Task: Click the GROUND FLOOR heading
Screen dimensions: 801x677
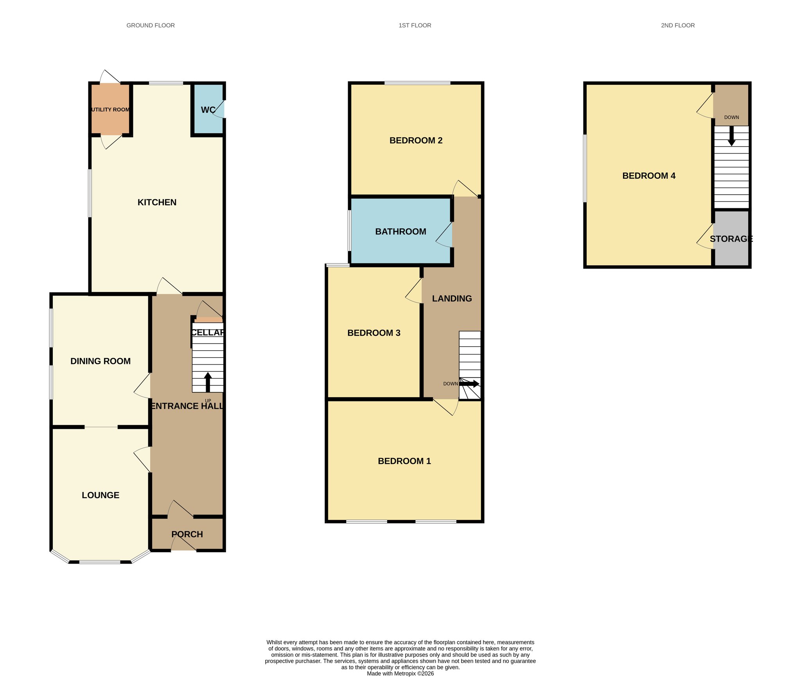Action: [x=151, y=25]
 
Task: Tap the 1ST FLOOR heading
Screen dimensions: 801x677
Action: [x=415, y=25]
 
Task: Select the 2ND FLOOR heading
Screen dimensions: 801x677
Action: [x=678, y=25]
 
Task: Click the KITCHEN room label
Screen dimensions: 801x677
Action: [x=157, y=202]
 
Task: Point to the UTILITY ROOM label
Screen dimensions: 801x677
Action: [x=110, y=109]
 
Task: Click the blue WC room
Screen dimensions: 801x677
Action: [x=208, y=110]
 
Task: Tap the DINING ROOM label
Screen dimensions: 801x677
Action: [x=101, y=361]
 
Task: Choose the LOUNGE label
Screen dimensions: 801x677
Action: [x=101, y=495]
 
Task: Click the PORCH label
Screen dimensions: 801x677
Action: [x=187, y=534]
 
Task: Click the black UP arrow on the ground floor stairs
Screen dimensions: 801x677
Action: [x=208, y=382]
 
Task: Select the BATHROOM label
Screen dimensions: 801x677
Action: [x=400, y=231]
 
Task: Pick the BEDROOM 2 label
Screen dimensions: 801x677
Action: [x=416, y=140]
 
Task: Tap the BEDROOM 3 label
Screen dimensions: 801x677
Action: [x=374, y=333]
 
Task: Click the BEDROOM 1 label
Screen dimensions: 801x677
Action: [x=404, y=461]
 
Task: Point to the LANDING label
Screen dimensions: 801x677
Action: [x=452, y=299]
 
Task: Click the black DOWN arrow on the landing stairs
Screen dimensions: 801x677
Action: [x=469, y=384]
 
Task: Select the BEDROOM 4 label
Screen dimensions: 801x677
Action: [x=649, y=176]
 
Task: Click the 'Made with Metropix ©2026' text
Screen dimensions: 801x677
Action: [x=400, y=673]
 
